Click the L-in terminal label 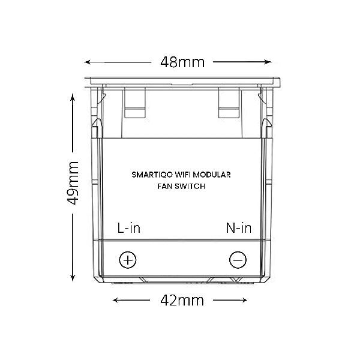(x=128, y=228)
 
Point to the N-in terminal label (x=238, y=228)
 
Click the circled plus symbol (x=128, y=260)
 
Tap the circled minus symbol (x=238, y=260)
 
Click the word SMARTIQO (x=151, y=175)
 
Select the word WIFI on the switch (x=185, y=175)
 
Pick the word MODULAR (x=215, y=175)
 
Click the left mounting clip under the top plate (x=136, y=103)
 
